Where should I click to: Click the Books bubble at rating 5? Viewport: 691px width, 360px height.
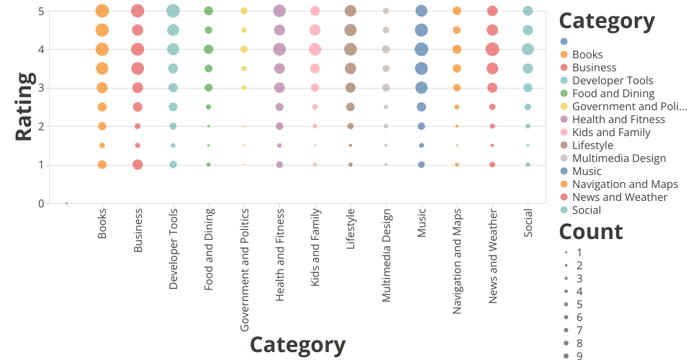[x=101, y=11]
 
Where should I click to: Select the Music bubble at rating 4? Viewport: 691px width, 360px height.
[x=421, y=50]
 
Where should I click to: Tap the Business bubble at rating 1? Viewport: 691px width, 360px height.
[x=137, y=165]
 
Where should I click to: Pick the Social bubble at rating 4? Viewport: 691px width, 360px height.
[x=528, y=50]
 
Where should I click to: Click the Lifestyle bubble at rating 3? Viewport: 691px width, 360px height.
[x=351, y=88]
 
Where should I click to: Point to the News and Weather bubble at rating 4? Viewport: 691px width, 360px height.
[x=492, y=50]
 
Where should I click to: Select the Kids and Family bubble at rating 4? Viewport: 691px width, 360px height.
[x=315, y=50]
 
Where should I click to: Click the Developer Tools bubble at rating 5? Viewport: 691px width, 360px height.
[x=173, y=11]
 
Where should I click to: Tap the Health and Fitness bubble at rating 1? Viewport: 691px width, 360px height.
[x=279, y=165]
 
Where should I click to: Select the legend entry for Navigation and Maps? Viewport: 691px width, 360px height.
[x=625, y=184]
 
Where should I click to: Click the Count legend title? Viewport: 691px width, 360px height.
[x=591, y=232]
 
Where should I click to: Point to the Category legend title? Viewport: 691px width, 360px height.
[x=607, y=22]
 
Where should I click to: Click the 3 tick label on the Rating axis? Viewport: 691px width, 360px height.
[x=41, y=88]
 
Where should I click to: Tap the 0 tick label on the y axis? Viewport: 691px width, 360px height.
[x=41, y=204]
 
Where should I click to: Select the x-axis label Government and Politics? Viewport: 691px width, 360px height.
[x=244, y=270]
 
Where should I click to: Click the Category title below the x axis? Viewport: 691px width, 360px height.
[x=297, y=345]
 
